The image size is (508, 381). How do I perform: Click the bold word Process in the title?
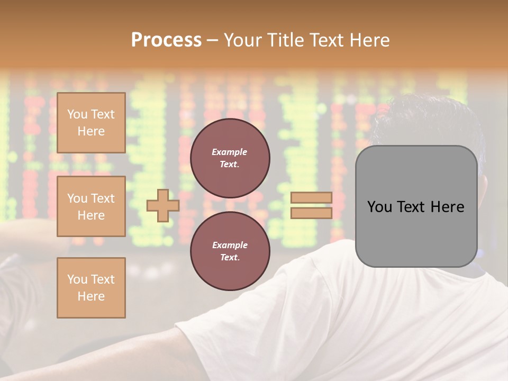coord(166,40)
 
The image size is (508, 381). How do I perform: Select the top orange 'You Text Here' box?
coord(91,123)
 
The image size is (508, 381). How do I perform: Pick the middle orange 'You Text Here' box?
coord(91,206)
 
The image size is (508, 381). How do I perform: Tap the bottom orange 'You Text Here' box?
coord(91,288)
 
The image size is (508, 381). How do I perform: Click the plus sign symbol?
coord(163,205)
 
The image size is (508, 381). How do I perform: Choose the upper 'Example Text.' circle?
coord(230,158)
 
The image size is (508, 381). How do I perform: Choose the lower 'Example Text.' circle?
coord(230,251)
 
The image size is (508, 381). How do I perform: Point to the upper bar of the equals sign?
coord(312,197)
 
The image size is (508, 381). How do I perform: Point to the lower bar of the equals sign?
coord(312,213)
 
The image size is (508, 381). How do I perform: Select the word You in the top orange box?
coord(77,114)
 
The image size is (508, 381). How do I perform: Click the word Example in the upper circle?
coord(230,152)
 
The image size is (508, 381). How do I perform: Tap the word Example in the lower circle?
coord(230,245)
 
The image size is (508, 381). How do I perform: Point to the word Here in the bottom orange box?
coord(91,296)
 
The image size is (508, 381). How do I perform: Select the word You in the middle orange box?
coord(77,198)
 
